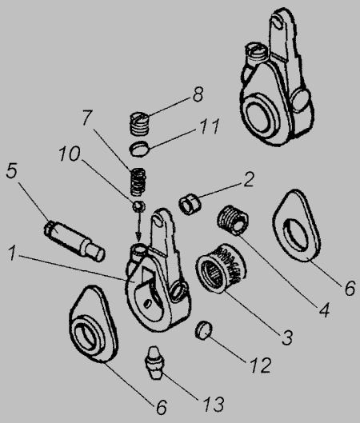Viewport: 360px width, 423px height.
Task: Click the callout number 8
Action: coord(198,94)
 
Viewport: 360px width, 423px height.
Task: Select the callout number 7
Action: coord(87,117)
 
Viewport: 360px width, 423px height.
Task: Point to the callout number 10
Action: coord(70,154)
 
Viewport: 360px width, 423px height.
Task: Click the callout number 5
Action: coord(12,171)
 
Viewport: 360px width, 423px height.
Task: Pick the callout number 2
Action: coord(249,179)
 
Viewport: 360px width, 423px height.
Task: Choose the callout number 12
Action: coord(261,365)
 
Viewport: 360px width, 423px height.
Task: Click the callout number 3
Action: coord(287,337)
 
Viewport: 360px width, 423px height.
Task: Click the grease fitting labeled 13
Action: coord(154,363)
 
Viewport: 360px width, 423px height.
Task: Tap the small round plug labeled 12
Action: coord(203,330)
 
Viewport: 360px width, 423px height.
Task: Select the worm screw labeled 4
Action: coord(233,220)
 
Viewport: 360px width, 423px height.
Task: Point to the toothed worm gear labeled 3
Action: coord(221,268)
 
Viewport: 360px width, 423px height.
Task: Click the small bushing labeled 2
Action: coord(190,204)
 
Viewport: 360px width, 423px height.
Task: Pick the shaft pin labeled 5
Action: coord(74,241)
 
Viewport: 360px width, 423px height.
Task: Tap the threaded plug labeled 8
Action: coord(139,123)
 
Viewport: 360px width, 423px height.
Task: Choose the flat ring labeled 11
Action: coord(140,149)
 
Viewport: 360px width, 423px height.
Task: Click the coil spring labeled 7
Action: coord(138,182)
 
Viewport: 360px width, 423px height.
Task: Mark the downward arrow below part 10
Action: coord(139,225)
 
